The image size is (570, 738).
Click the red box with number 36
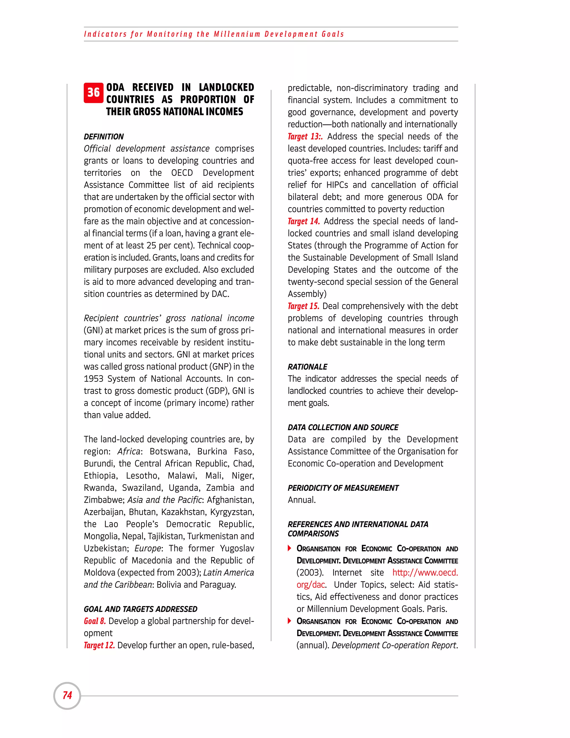coord(94,92)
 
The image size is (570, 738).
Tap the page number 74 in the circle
coord(67,695)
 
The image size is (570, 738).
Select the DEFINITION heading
coord(104,136)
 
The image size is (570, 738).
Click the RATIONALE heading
coord(307,367)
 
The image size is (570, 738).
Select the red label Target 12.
coord(99,646)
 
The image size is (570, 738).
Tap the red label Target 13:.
coord(305,136)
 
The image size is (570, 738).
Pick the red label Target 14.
coord(304,221)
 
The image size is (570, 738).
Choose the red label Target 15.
coord(303,306)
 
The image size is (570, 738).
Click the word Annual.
coord(301,500)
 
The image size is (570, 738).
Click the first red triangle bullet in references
coord(289,548)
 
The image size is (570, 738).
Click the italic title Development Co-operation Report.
coord(394,646)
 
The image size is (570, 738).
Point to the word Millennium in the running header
coord(237,34)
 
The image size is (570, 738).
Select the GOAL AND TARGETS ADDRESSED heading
coord(141,609)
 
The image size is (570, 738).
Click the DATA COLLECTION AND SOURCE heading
coord(343,427)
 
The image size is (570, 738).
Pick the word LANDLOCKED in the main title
coord(226,87)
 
